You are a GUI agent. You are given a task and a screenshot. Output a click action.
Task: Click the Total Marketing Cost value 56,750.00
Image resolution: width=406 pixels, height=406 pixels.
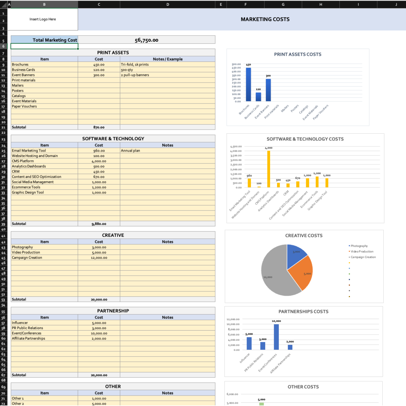click(x=146, y=40)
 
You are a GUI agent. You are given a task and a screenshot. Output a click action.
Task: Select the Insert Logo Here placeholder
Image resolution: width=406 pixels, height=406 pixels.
click(x=43, y=19)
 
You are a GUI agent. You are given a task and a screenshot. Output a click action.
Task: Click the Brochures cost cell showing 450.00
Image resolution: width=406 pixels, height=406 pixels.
click(x=99, y=65)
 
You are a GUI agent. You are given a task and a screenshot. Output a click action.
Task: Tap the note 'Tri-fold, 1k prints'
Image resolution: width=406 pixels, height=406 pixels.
click(x=135, y=65)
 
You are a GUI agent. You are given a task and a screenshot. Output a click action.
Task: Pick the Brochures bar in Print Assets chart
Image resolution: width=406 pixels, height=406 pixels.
click(x=248, y=84)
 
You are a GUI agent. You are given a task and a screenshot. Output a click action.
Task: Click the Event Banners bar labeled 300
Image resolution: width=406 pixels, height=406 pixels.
click(x=268, y=90)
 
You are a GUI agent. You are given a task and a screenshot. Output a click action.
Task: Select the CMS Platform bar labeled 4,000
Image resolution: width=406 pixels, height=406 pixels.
click(x=269, y=169)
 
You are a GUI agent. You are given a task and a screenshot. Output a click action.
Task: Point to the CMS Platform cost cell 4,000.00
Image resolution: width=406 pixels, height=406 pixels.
click(x=99, y=161)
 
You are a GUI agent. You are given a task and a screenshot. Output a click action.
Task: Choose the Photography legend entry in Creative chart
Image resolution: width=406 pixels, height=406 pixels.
click(x=359, y=246)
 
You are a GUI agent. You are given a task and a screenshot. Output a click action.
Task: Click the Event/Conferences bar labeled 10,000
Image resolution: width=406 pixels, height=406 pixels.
click(x=276, y=337)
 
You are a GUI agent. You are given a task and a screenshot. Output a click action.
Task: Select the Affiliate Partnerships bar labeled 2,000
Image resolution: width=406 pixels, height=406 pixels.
click(x=290, y=347)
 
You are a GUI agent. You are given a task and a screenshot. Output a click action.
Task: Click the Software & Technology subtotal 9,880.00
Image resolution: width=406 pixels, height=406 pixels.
click(x=99, y=224)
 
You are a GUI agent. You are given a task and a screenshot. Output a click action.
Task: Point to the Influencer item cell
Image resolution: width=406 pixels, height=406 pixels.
click(x=20, y=323)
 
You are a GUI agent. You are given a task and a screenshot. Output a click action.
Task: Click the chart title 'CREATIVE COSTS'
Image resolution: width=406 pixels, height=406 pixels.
click(x=304, y=236)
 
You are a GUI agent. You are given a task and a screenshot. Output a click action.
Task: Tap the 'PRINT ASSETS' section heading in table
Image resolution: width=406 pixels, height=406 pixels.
click(x=113, y=53)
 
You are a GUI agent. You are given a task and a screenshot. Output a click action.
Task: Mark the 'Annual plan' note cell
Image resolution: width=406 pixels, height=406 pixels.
click(x=131, y=151)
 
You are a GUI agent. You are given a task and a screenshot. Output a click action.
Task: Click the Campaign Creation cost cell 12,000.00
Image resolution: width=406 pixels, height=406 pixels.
click(x=99, y=258)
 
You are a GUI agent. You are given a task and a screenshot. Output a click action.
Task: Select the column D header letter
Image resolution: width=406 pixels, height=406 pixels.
click(x=167, y=4)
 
